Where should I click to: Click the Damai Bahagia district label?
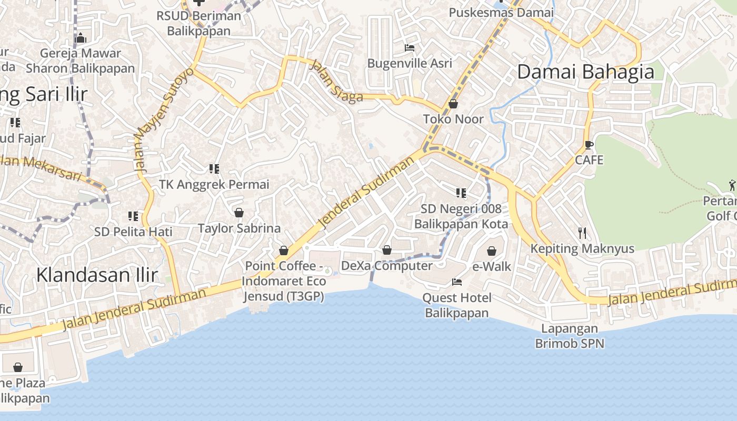585,72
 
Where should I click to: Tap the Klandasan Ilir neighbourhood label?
97,275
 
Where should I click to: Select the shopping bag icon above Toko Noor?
453,104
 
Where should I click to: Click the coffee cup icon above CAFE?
589,145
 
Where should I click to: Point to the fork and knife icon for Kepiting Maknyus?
582,233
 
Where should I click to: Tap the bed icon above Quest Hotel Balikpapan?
456,283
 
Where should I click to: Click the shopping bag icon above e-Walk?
491,252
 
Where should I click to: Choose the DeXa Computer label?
386,266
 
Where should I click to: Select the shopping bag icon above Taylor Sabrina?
238,213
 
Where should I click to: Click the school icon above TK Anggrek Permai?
214,169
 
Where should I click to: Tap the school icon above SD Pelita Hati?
133,216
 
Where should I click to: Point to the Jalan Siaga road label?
337,81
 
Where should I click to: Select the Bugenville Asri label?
410,63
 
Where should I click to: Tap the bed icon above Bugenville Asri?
409,48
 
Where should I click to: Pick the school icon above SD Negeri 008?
461,193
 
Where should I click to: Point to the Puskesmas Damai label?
501,12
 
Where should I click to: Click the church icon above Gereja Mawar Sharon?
81,38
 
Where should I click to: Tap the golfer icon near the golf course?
732,185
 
